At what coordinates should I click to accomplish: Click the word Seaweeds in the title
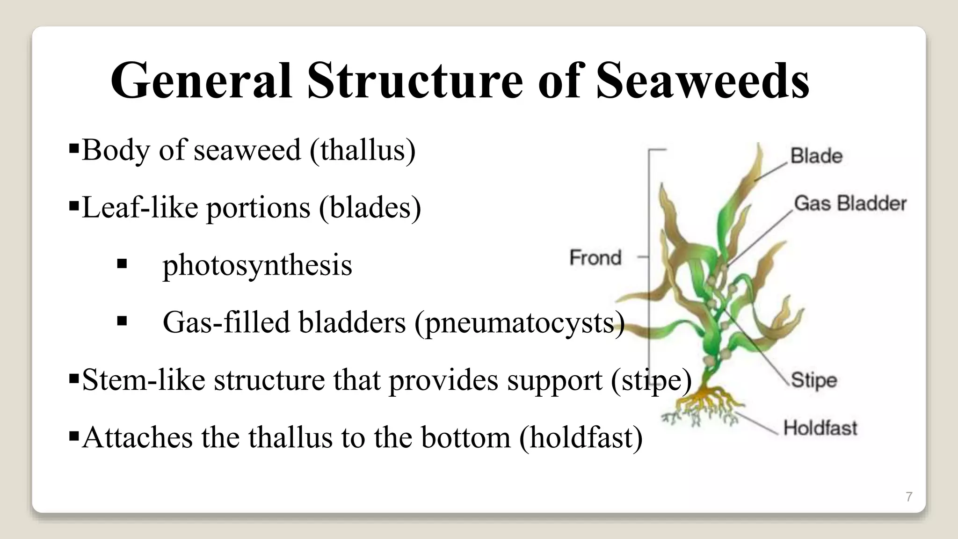pyautogui.click(x=703, y=80)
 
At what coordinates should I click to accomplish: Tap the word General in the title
pyautogui.click(x=201, y=80)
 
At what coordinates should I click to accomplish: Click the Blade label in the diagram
pyautogui.click(x=816, y=156)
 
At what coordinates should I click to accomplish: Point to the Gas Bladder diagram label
pyautogui.click(x=850, y=204)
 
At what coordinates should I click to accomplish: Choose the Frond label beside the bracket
pyautogui.click(x=595, y=257)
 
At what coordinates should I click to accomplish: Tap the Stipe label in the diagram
pyautogui.click(x=813, y=380)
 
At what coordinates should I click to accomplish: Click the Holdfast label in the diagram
pyautogui.click(x=820, y=428)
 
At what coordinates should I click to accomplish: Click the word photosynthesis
pyautogui.click(x=257, y=265)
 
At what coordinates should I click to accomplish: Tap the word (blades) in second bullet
pyautogui.click(x=370, y=207)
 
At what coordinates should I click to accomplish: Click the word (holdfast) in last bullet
pyautogui.click(x=581, y=437)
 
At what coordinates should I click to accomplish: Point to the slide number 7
pyautogui.click(x=909, y=497)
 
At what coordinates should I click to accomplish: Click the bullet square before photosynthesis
pyautogui.click(x=122, y=264)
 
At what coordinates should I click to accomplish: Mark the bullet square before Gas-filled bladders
pyautogui.click(x=122, y=322)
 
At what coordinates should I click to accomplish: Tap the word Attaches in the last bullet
pyautogui.click(x=137, y=437)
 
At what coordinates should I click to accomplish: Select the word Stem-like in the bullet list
pyautogui.click(x=144, y=380)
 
